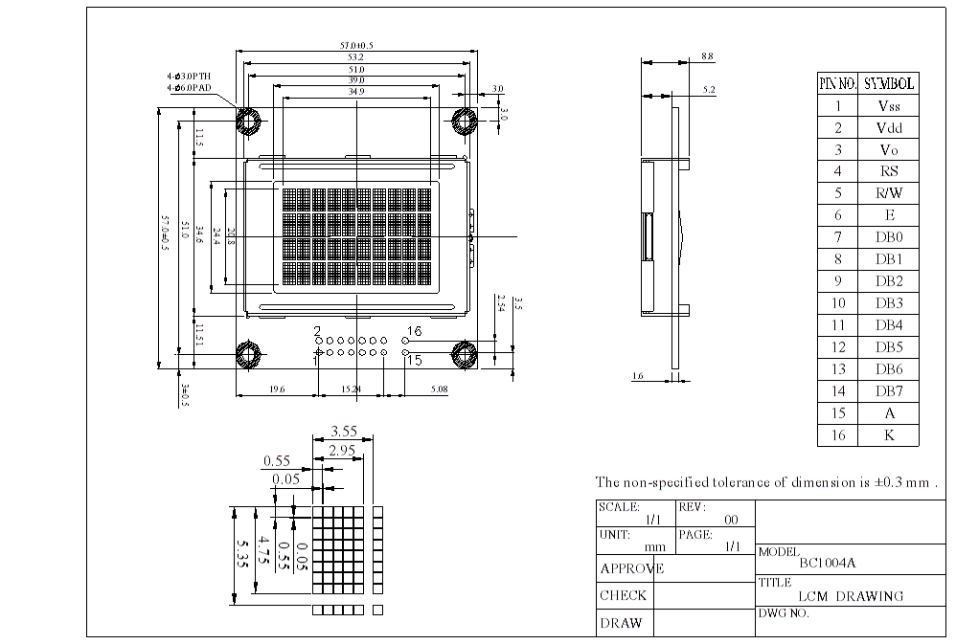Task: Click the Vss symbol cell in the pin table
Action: [888, 106]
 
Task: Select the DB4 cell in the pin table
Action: [888, 325]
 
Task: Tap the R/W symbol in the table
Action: [888, 193]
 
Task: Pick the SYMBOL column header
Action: [888, 83]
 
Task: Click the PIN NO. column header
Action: [837, 83]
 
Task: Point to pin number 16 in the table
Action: [837, 435]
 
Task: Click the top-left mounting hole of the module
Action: [249, 121]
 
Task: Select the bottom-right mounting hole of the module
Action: [465, 355]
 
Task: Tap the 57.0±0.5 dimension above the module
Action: [357, 45]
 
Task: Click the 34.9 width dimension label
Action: [355, 92]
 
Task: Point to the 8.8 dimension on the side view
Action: [708, 57]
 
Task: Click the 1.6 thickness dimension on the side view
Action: [638, 376]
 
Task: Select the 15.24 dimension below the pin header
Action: [353, 389]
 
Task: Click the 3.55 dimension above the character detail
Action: [344, 432]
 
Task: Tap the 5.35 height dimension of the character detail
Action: [241, 554]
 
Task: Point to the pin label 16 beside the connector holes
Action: [414, 331]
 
